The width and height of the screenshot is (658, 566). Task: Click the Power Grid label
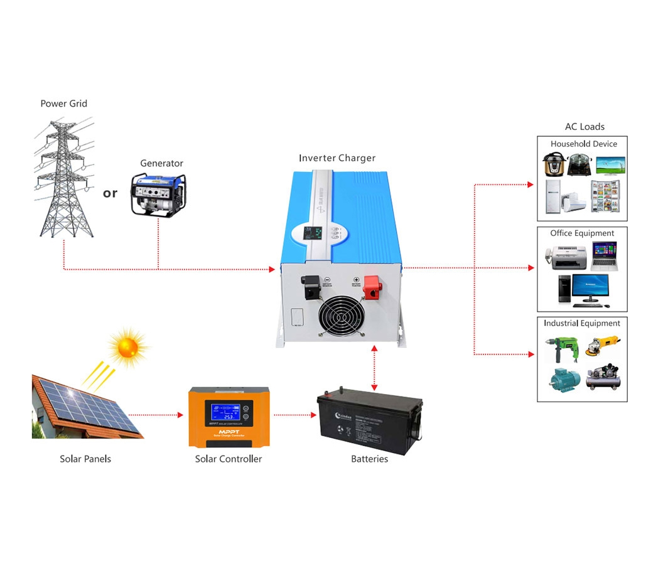pyautogui.click(x=63, y=104)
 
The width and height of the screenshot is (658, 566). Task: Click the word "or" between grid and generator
pyautogui.click(x=110, y=193)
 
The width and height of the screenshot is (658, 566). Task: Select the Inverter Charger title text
pyautogui.click(x=337, y=158)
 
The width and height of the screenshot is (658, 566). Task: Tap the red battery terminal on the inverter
pyautogui.click(x=372, y=287)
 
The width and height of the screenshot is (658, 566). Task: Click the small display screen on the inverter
pyautogui.click(x=312, y=234)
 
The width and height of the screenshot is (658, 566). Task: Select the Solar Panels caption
pyautogui.click(x=85, y=459)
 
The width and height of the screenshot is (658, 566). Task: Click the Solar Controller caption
pyautogui.click(x=229, y=459)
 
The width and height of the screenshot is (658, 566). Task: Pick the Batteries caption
pyautogui.click(x=369, y=459)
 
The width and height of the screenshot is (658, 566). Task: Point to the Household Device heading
pyautogui.click(x=583, y=144)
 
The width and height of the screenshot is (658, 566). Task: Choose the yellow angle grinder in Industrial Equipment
pyautogui.click(x=603, y=346)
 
